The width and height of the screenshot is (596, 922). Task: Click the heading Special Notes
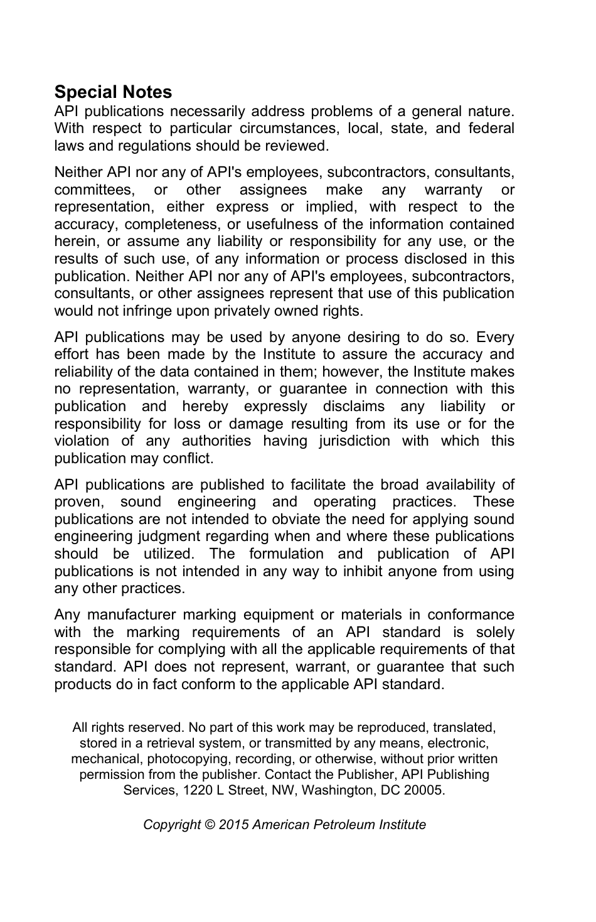[x=113, y=92]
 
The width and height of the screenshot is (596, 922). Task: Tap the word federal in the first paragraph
[x=491, y=128]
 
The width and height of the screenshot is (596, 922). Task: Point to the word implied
[x=330, y=207]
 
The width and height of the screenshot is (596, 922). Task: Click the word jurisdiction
[x=354, y=441]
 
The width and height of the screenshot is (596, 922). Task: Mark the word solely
[x=494, y=632]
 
